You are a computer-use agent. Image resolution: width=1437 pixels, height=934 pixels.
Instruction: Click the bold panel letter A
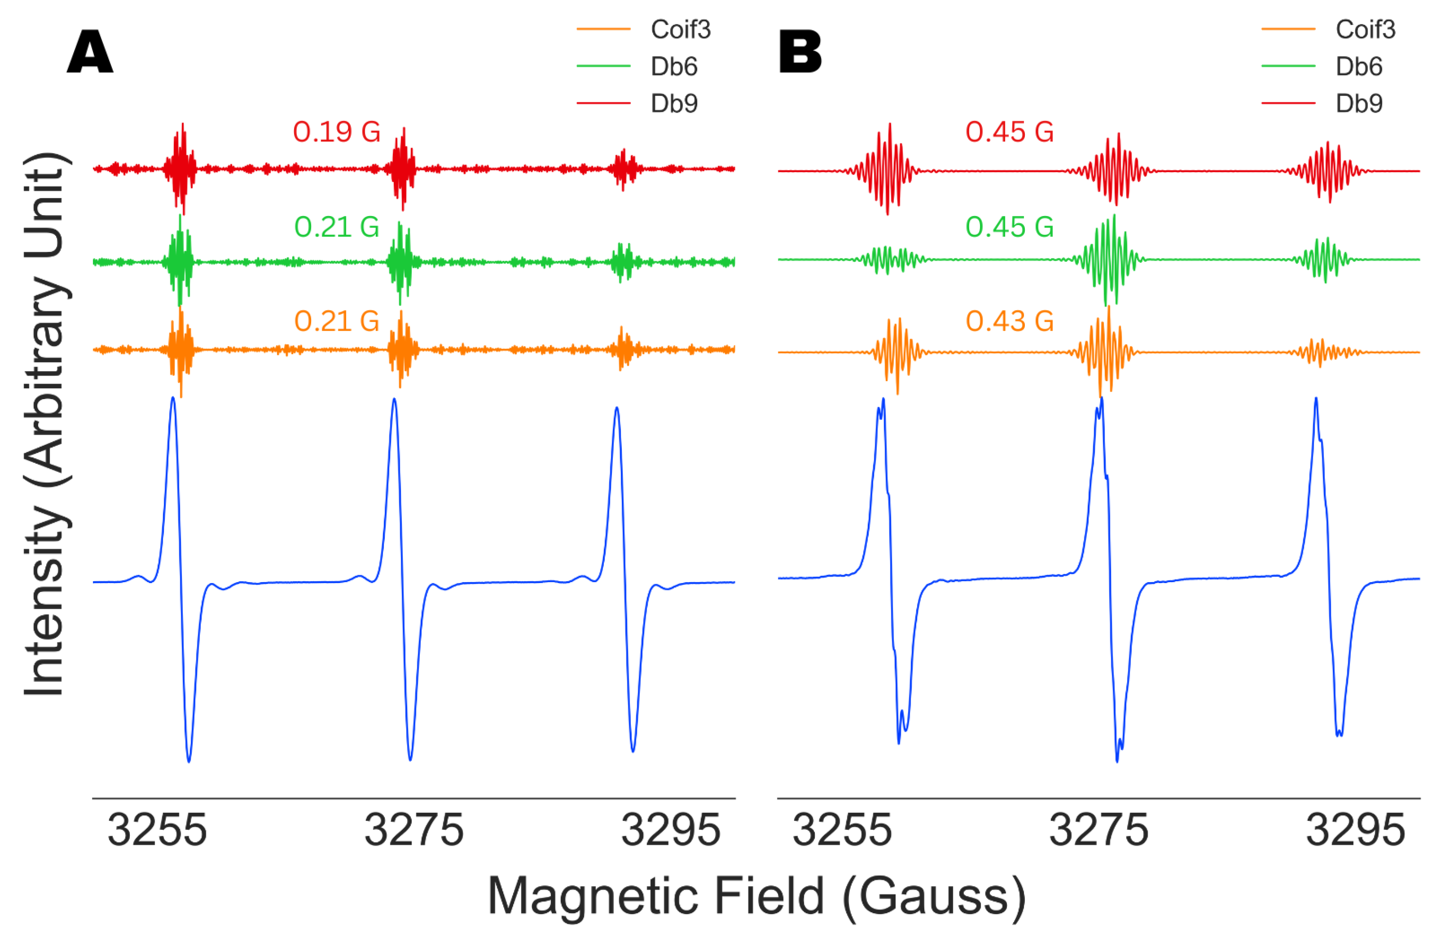[90, 52]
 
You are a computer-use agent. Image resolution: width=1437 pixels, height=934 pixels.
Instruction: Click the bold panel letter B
[800, 52]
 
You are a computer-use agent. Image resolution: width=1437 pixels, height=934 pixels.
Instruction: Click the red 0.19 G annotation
[336, 132]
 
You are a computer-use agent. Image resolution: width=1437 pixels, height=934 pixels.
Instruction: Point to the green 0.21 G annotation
[336, 227]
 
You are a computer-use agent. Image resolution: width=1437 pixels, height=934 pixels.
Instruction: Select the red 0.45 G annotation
[1009, 132]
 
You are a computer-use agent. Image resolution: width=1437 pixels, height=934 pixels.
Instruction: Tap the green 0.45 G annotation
[1009, 227]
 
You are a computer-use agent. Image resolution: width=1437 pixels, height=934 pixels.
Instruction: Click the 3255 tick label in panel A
[157, 831]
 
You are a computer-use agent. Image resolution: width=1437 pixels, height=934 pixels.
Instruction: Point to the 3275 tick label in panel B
[1098, 831]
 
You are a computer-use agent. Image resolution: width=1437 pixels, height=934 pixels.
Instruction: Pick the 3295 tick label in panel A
[671, 831]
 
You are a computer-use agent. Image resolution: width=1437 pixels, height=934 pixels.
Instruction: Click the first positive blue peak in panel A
[173, 399]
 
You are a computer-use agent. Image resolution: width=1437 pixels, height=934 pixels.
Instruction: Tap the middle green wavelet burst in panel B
[1109, 260]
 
